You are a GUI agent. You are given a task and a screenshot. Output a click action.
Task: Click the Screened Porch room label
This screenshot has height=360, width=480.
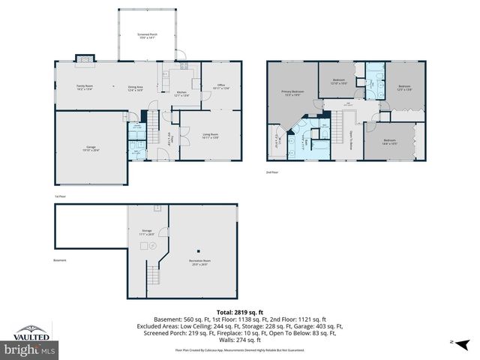[x=146, y=36]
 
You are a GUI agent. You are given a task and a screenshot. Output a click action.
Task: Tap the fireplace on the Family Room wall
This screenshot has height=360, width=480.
[x=87, y=57]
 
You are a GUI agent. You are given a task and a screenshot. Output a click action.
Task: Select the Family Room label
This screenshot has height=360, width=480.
[x=84, y=88]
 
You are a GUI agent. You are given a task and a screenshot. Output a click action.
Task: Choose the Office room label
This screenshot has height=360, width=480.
[x=220, y=87]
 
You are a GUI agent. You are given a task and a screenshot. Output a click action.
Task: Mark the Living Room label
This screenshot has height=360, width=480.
[x=210, y=136]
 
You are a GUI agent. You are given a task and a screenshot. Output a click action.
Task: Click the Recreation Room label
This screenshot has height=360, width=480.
[x=198, y=262]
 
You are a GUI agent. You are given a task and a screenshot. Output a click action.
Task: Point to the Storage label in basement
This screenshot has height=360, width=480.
[x=147, y=232]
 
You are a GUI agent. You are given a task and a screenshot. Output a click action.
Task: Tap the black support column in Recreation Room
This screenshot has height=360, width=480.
[x=198, y=250]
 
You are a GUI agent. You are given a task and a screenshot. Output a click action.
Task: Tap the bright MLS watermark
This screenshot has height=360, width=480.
[x=30, y=349]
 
